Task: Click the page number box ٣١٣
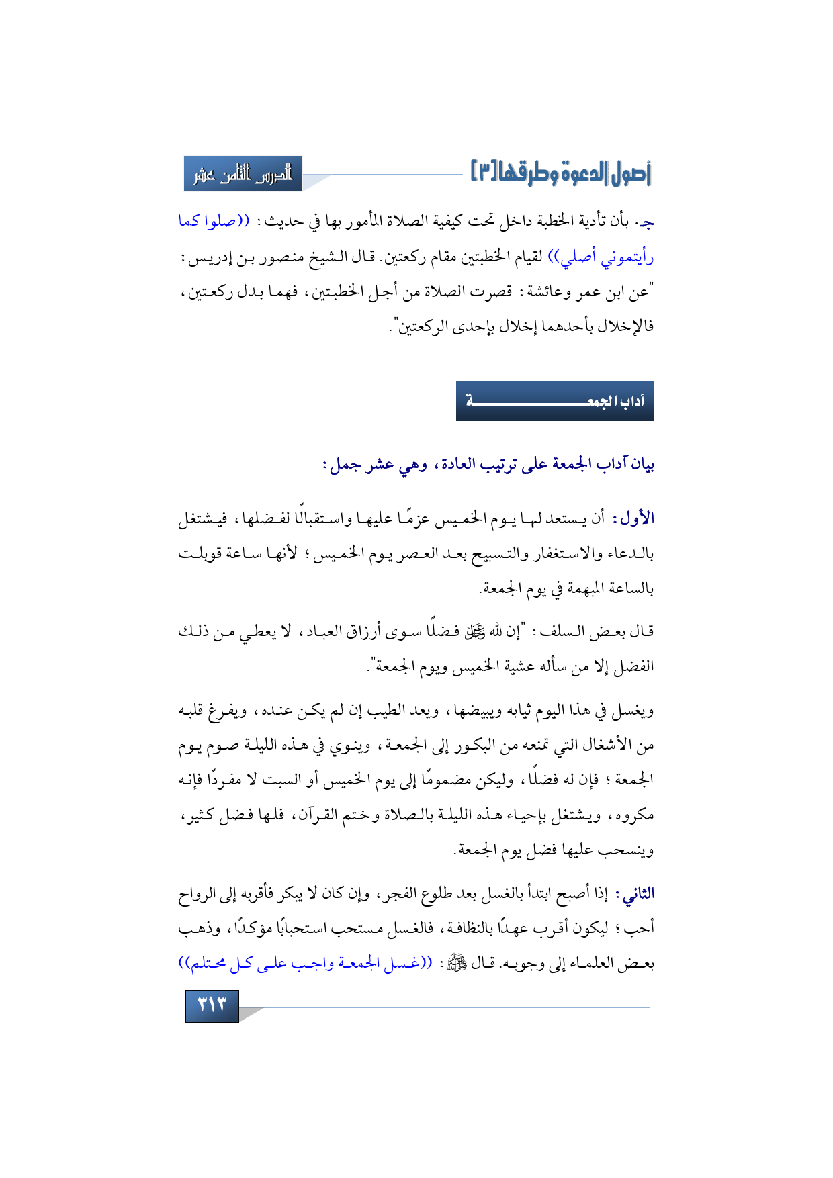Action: point(212,1005)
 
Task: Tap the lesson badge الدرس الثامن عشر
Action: point(243,174)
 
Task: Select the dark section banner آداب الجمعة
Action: point(555,402)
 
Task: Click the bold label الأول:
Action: point(635,518)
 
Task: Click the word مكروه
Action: point(634,815)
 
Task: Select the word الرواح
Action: point(198,894)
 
